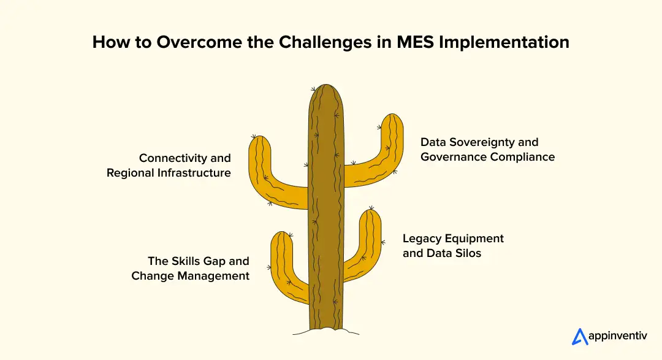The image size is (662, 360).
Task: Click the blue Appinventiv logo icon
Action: [x=580, y=337]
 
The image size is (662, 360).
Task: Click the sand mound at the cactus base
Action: [x=324, y=331]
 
